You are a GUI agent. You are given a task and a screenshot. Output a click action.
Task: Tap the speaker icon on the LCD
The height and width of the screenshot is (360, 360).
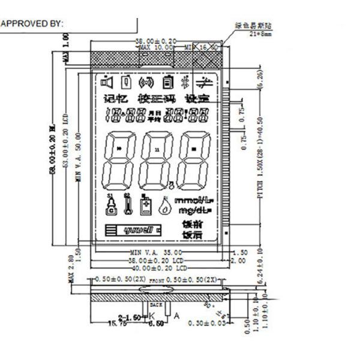pyautogui.click(x=107, y=82)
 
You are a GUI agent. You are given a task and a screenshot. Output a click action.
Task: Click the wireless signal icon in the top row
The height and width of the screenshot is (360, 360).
pyautogui.click(x=145, y=82)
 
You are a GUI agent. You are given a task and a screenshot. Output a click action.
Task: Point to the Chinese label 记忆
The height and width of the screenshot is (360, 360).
pyautogui.click(x=115, y=98)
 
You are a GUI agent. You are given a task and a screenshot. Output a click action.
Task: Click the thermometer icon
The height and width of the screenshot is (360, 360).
pyautogui.click(x=127, y=204)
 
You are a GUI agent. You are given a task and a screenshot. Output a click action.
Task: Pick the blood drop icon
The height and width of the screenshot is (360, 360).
pyautogui.click(x=164, y=206)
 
